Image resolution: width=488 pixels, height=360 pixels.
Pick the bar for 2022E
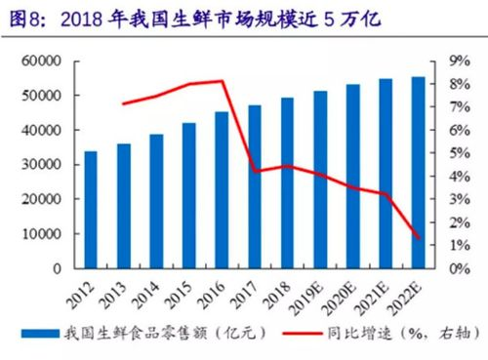418,172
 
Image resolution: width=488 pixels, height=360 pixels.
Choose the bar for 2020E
352,176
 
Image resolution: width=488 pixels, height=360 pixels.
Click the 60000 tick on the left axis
41,61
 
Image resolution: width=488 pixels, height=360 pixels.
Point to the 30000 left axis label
41,165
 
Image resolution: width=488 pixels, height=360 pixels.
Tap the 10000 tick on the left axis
41,234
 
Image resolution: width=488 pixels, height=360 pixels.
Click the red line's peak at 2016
223,81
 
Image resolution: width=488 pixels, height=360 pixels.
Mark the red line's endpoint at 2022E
418,237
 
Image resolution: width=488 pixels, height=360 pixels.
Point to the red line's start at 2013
124,103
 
